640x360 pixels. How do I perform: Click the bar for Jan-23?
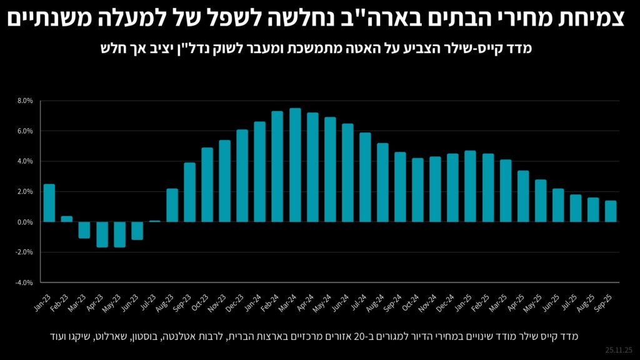[49, 203]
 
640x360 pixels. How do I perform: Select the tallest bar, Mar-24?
[295, 165]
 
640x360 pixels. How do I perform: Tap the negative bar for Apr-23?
[102, 234]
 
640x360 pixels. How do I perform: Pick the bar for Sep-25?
[611, 211]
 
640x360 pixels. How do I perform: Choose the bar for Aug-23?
[172, 205]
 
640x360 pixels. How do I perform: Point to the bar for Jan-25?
[471, 186]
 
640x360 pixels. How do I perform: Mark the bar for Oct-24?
[418, 190]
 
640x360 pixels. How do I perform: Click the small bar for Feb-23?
[67, 219]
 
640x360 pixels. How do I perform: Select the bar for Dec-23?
[242, 176]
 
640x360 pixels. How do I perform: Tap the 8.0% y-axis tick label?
[26, 101]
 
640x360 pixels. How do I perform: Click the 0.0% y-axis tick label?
[26, 222]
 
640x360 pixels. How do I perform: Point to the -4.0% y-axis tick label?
[24, 282]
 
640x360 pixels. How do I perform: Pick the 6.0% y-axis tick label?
[26, 131]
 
